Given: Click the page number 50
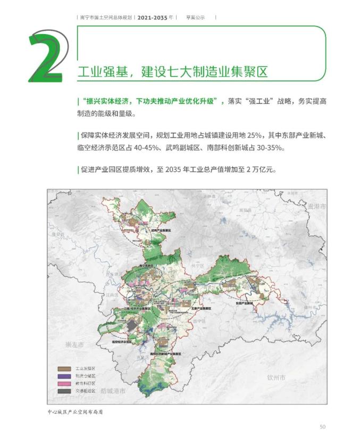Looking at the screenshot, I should coord(322,426).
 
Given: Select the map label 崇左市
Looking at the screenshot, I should coord(74,344).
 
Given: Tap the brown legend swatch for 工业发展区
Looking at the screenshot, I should coord(64,368).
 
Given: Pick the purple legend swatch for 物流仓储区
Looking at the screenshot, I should coord(64,375).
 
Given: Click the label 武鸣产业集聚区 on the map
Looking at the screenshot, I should coord(162,230).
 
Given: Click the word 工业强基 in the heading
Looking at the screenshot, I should coord(99,72).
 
